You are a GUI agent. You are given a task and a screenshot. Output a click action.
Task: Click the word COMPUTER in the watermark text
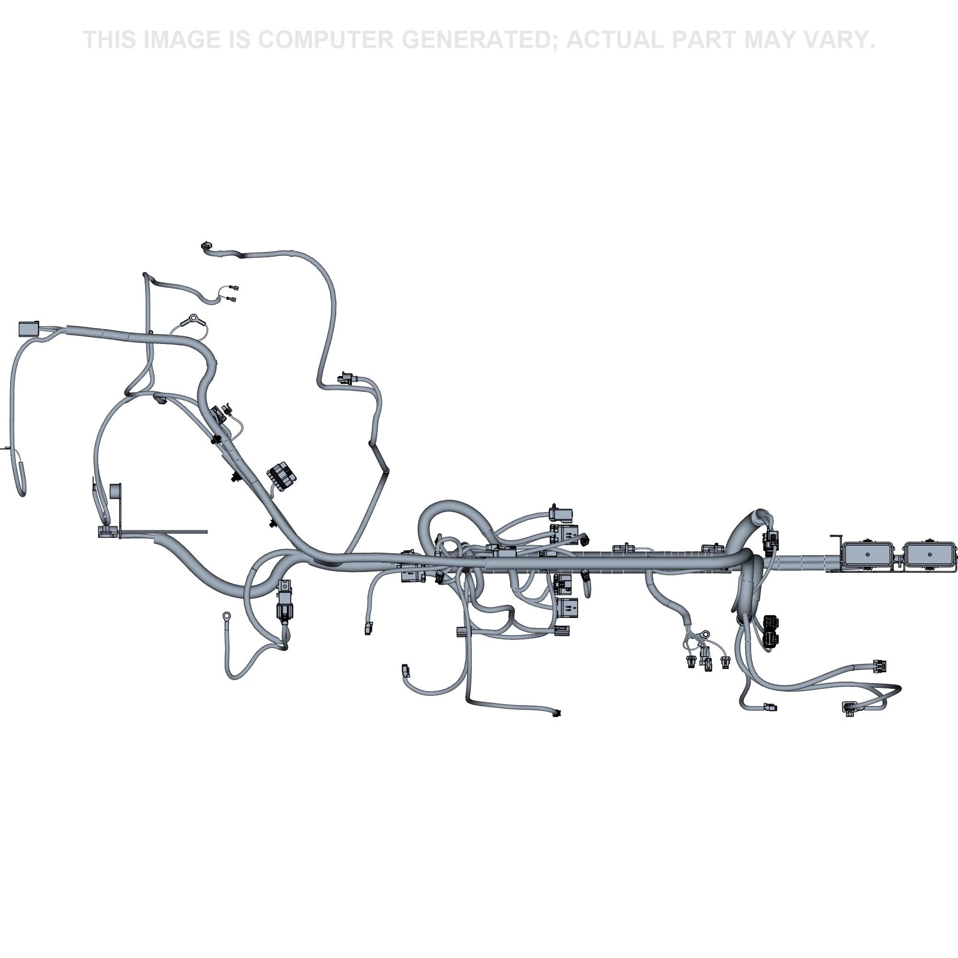(x=326, y=40)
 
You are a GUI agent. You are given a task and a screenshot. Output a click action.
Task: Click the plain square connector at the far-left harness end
(x=28, y=329)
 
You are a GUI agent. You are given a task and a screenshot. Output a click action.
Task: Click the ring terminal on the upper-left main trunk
(x=193, y=319)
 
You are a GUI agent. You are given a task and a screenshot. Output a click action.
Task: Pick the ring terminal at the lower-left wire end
(x=227, y=616)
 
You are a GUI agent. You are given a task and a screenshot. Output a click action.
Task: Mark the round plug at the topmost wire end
(x=206, y=246)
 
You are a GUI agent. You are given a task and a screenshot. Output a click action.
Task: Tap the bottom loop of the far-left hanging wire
(x=22, y=490)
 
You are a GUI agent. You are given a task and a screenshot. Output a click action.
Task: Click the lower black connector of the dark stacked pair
(x=771, y=639)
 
